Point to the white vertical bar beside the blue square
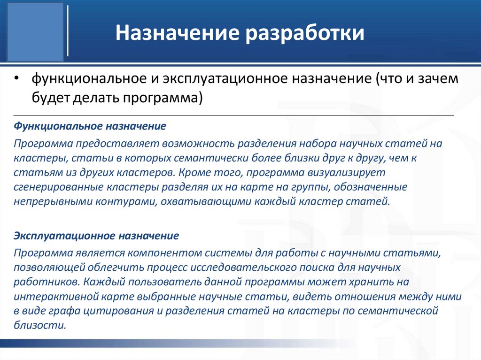click(68, 31)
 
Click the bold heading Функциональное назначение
click(90, 127)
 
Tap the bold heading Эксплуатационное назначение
click(96, 235)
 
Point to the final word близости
click(39, 326)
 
